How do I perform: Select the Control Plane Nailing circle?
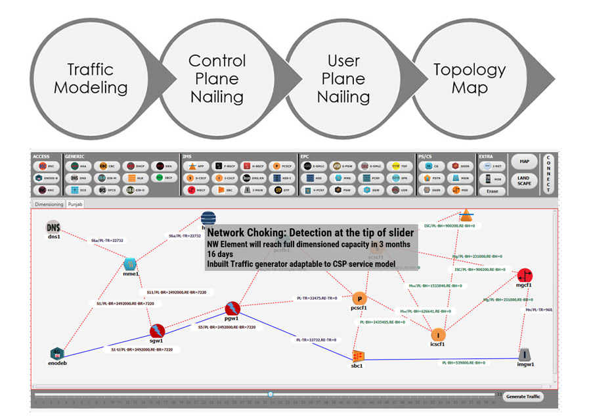(217, 78)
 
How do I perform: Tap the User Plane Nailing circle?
(343, 78)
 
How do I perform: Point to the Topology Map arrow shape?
(470, 78)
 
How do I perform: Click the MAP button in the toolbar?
(523, 162)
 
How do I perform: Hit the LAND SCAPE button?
(523, 181)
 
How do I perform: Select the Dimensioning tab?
(49, 205)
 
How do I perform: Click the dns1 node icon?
(53, 227)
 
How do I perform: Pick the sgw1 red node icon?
(156, 331)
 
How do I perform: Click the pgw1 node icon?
(232, 308)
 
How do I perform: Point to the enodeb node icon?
(58, 353)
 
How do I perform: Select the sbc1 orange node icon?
(358, 355)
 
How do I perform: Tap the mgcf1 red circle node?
(524, 275)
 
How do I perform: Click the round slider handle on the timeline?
(270, 395)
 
